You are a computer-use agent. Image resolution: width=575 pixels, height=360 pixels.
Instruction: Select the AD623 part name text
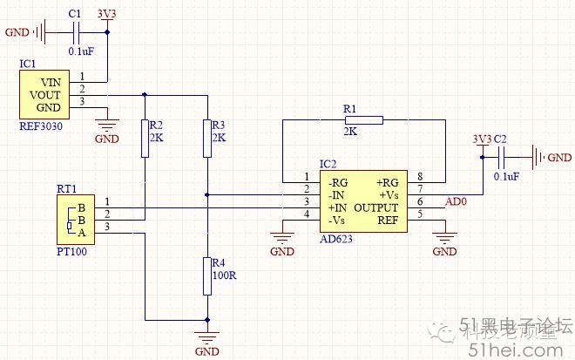click(x=337, y=239)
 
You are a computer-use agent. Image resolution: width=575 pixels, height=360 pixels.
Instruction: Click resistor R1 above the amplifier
click(x=362, y=119)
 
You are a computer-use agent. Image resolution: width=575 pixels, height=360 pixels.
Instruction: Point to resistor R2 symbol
click(x=145, y=138)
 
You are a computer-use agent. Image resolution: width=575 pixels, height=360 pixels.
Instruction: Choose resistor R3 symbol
click(x=206, y=138)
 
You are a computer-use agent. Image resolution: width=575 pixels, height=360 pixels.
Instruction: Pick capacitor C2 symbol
click(x=502, y=158)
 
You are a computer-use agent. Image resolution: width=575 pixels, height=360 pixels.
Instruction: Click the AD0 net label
click(x=457, y=202)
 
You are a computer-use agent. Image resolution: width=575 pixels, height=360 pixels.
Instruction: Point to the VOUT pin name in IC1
click(x=45, y=94)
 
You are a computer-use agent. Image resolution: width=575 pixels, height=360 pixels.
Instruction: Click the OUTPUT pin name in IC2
click(x=376, y=208)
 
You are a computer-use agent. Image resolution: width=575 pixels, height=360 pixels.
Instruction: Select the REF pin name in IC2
click(x=387, y=221)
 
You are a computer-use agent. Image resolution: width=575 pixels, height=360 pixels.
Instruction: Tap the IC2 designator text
click(x=328, y=164)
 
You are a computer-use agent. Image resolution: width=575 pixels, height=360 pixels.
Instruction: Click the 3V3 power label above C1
click(x=107, y=14)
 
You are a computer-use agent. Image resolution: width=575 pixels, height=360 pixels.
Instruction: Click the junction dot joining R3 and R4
click(x=206, y=194)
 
